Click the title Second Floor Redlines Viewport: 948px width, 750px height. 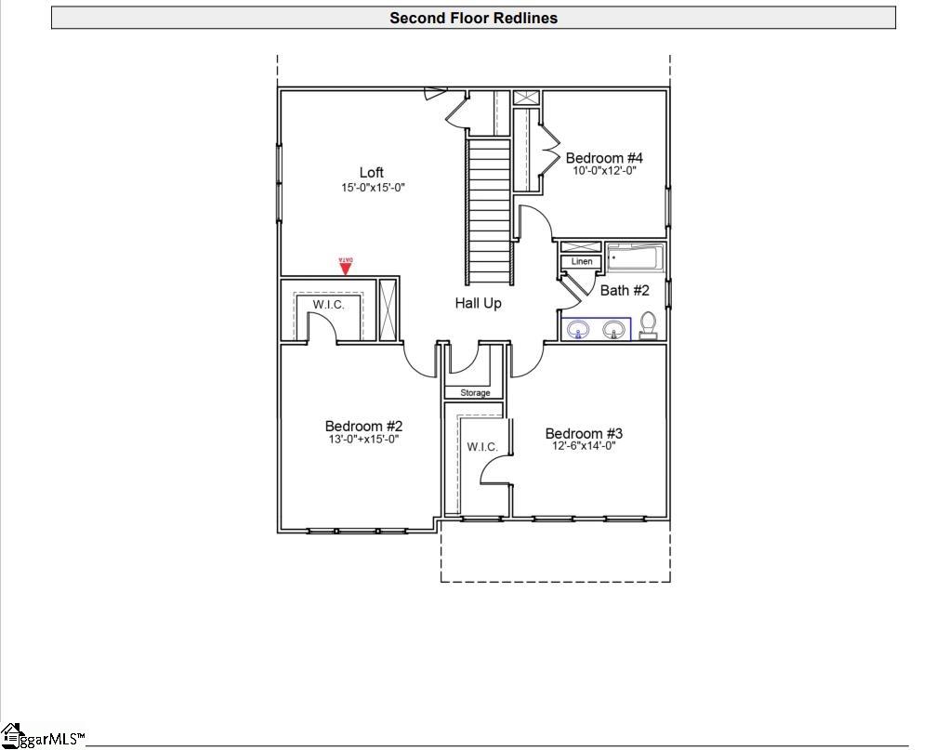[x=473, y=18]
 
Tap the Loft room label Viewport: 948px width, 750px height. [x=372, y=172]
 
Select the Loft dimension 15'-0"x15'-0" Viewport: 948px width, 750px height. [x=373, y=188]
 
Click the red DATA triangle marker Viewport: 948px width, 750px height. [x=345, y=268]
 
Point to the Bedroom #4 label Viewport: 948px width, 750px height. [x=604, y=158]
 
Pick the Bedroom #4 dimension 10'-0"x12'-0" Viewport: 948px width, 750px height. [x=604, y=171]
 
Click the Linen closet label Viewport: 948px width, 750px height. [x=582, y=262]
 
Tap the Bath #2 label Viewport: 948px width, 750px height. [x=625, y=291]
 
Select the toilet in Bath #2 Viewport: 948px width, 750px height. [x=649, y=325]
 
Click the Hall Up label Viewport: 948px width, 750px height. [x=478, y=303]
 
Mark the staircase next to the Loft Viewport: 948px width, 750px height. [x=489, y=209]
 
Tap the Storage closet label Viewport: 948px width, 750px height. [x=475, y=393]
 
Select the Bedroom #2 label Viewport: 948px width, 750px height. [x=363, y=427]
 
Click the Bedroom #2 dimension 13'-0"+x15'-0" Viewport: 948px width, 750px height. [x=363, y=440]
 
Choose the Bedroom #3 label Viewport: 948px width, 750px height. [x=584, y=433]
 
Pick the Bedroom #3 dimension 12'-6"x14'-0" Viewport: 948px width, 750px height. [x=584, y=446]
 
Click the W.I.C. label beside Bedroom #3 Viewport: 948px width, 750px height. [x=482, y=447]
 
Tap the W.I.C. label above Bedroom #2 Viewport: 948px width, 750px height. [x=328, y=305]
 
